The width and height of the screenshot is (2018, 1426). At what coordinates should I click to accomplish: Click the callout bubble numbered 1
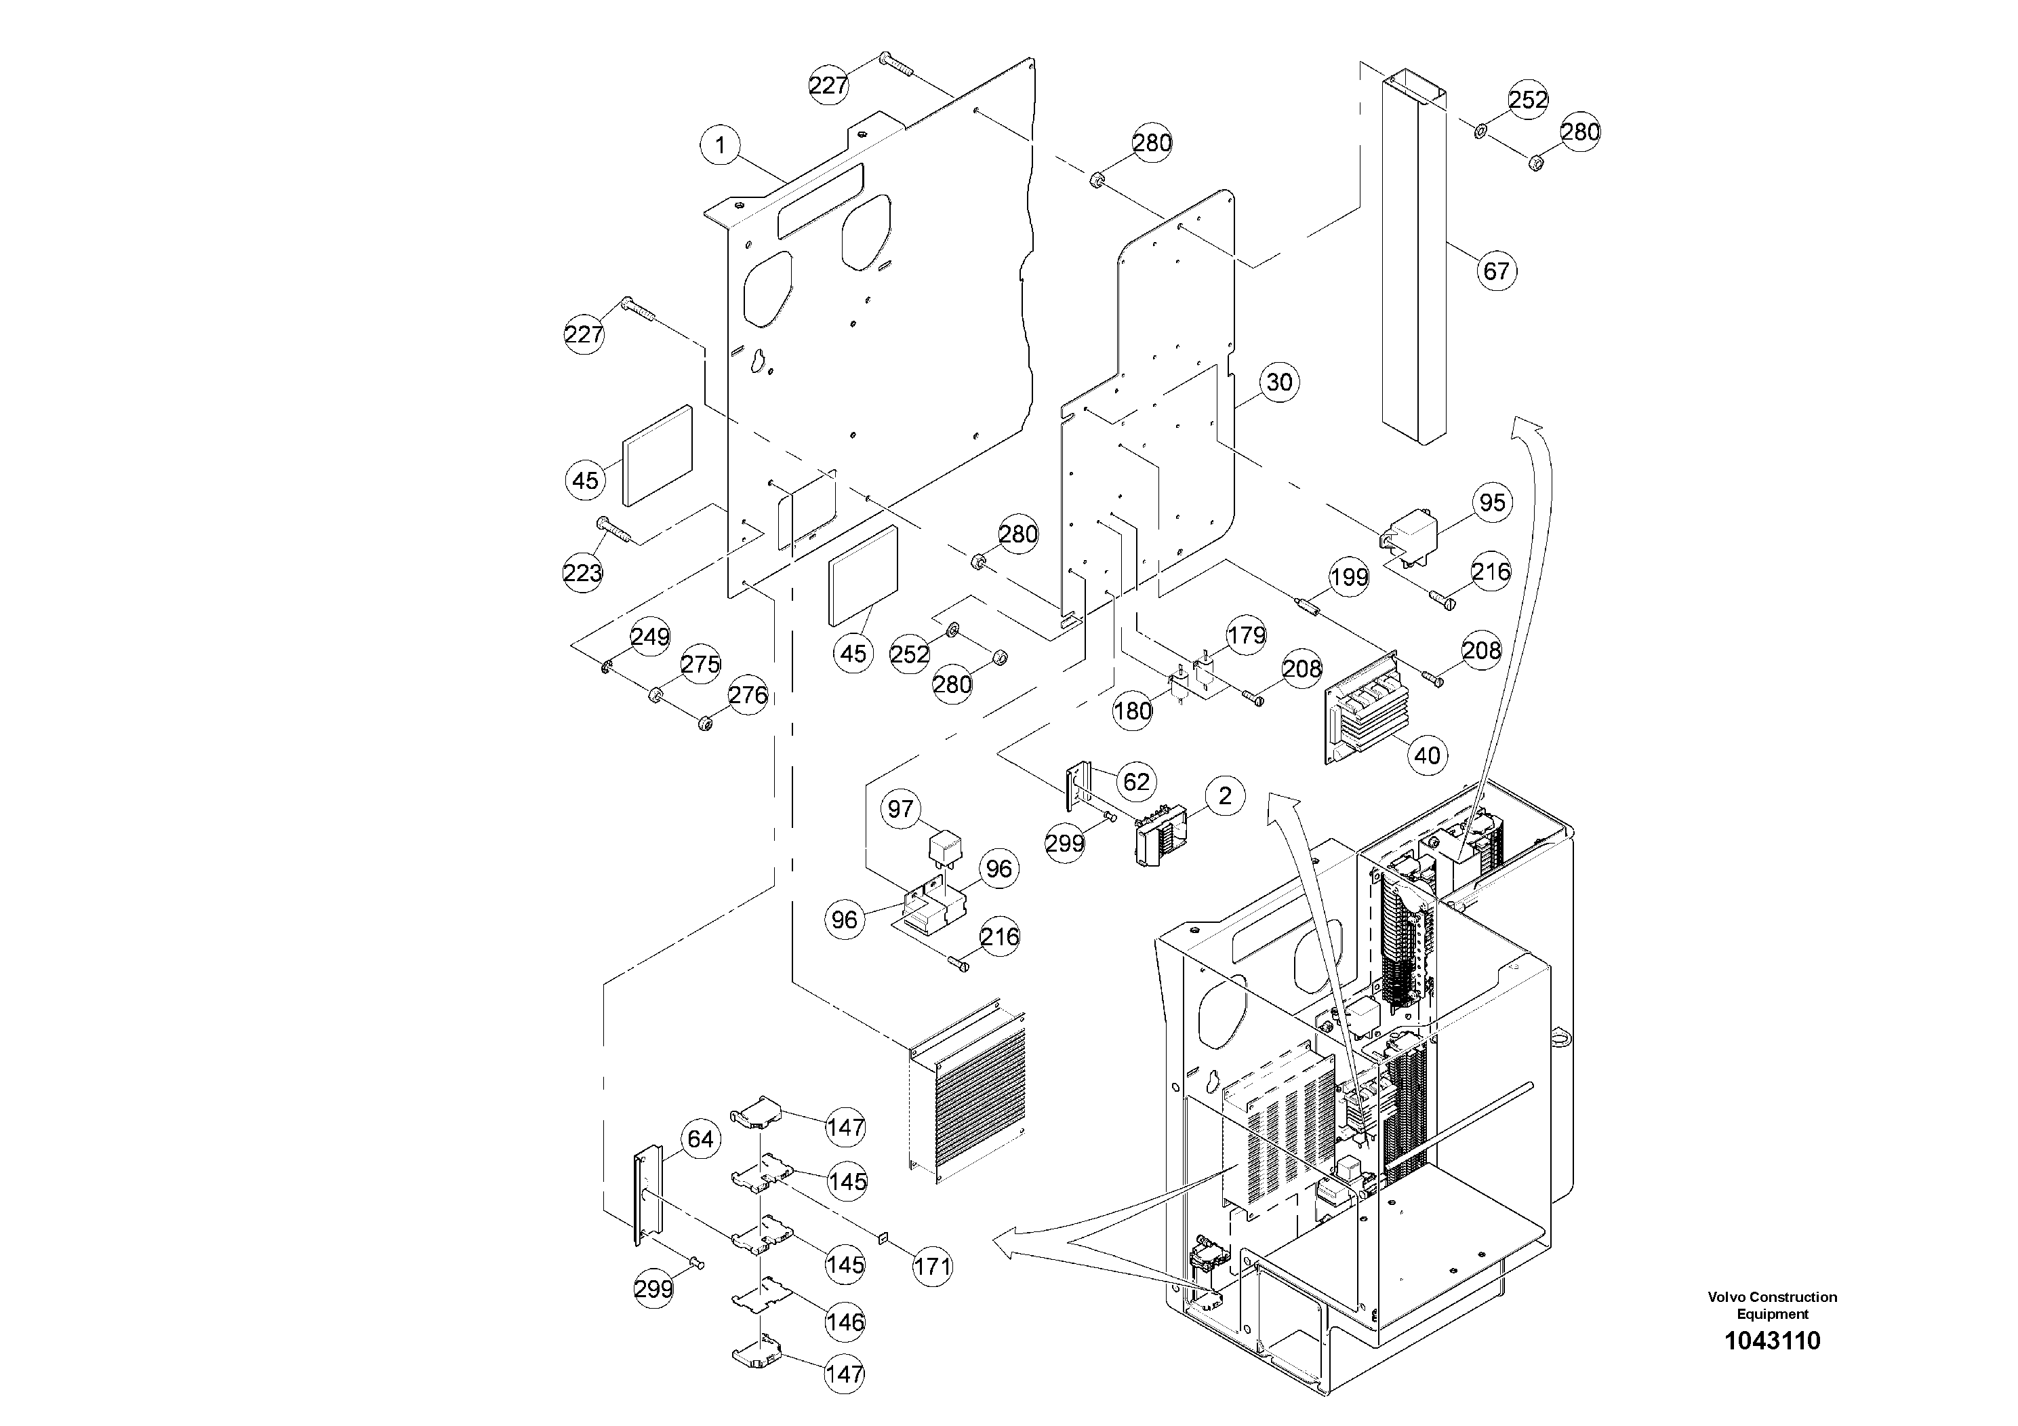coord(721,145)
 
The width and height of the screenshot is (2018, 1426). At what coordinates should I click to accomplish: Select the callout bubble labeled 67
coord(1496,271)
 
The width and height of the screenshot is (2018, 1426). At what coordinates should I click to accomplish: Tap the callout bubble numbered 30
coord(1279,382)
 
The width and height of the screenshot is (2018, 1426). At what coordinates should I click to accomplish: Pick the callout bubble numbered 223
coord(583,573)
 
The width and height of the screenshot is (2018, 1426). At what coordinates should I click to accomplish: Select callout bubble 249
coord(650,637)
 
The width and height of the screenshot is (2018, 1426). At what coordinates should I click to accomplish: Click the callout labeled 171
coord(931,1267)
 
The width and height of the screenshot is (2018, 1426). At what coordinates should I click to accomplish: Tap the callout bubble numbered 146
coord(845,1322)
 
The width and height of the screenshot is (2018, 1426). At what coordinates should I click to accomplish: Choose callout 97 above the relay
coord(901,809)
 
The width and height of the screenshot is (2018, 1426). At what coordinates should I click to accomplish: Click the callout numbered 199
coord(1348,577)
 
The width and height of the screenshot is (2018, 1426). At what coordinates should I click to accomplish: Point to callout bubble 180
coord(1132,711)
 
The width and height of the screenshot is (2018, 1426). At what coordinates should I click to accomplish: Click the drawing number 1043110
coord(1772,1341)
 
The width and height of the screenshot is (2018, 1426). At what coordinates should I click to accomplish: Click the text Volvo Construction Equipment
coord(1772,1305)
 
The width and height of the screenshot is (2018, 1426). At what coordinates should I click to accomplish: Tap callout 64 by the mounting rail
coord(700,1139)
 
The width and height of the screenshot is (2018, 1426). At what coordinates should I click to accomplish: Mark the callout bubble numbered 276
coord(748,696)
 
